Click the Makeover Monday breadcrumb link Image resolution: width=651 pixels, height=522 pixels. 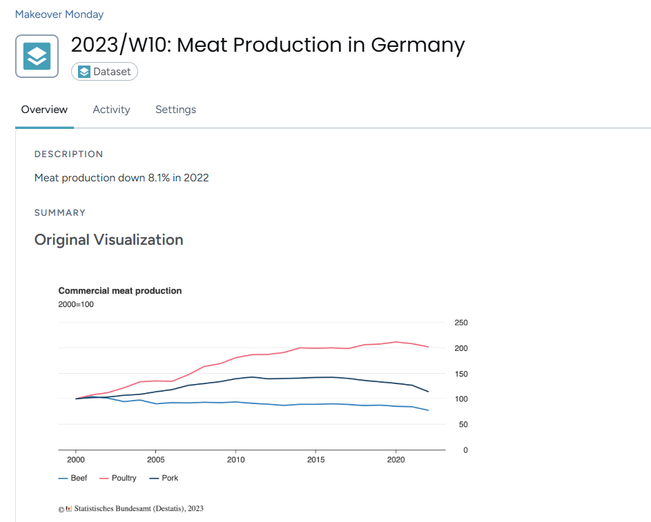[59, 14]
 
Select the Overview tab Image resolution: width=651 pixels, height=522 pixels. [44, 110]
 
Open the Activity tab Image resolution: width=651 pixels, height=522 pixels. [111, 110]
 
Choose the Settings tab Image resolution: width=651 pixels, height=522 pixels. [175, 110]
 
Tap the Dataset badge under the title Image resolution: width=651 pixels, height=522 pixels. [104, 72]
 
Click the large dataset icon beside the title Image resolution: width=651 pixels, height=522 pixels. [37, 56]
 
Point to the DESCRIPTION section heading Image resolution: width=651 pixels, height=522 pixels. [68, 154]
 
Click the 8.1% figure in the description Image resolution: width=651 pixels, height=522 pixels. [159, 178]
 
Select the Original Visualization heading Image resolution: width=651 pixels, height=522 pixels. [108, 240]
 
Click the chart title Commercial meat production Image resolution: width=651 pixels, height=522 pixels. [119, 291]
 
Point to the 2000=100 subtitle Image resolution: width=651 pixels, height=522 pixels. [76, 304]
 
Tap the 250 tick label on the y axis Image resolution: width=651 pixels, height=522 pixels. [461, 323]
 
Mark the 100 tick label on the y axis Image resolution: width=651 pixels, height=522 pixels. [461, 399]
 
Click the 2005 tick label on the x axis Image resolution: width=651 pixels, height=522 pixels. [155, 460]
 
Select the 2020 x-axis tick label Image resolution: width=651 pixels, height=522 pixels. [396, 460]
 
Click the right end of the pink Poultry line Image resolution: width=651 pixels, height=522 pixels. [429, 347]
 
